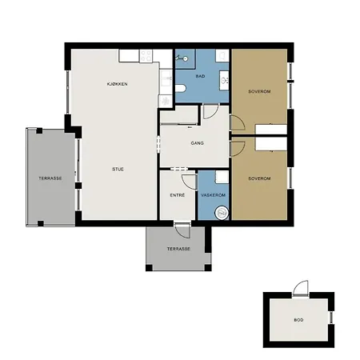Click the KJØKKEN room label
pyautogui.click(x=117, y=84)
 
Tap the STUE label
pyautogui.click(x=118, y=170)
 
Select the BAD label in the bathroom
pyautogui.click(x=201, y=76)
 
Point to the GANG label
pyautogui.click(x=198, y=143)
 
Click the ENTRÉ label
pyautogui.click(x=178, y=195)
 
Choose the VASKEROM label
pyautogui.click(x=214, y=195)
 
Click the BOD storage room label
pyautogui.click(x=298, y=320)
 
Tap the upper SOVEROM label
pyautogui.click(x=259, y=91)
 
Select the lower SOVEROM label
pyautogui.click(x=259, y=178)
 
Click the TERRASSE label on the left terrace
pyautogui.click(x=50, y=178)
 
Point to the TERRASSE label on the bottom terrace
pyautogui.click(x=178, y=249)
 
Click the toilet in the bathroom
pyautogui.click(x=181, y=88)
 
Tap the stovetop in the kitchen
pyautogui.click(x=146, y=56)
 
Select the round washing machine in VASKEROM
pyautogui.click(x=222, y=213)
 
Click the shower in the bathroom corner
pyautogui.click(x=185, y=59)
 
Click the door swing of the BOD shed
pyautogui.click(x=301, y=288)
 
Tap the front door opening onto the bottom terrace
pyautogui.click(x=182, y=230)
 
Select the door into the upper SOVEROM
pyautogui.click(x=238, y=122)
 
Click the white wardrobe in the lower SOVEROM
pyautogui.click(x=271, y=144)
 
